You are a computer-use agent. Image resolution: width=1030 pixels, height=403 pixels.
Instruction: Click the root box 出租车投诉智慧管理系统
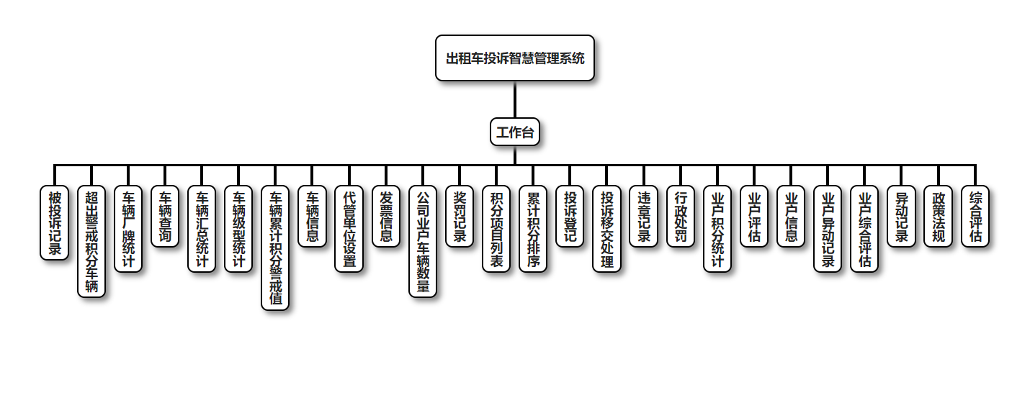click(515, 58)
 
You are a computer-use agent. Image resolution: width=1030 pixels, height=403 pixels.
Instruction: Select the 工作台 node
click(515, 132)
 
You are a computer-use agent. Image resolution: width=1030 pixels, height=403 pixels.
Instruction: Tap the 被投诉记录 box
click(55, 223)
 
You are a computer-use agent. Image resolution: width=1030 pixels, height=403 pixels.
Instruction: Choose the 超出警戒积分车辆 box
click(91, 242)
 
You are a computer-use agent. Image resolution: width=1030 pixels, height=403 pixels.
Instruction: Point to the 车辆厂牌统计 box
click(128, 229)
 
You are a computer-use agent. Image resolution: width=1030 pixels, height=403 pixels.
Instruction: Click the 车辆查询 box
click(165, 217)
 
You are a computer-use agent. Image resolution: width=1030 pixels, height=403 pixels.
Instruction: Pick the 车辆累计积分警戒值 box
click(275, 248)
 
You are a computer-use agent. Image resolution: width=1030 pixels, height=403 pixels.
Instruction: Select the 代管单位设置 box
click(349, 229)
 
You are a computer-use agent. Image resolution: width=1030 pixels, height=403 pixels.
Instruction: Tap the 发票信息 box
click(386, 217)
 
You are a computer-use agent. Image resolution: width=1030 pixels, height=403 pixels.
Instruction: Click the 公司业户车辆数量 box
click(423, 242)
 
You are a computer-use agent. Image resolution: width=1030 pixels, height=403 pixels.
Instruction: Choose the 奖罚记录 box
click(460, 217)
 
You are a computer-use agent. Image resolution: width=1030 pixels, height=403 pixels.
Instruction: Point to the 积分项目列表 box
click(496, 229)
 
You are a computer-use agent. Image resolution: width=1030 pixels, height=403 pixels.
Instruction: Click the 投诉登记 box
click(570, 217)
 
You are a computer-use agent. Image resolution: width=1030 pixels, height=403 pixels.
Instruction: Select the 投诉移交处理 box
click(606, 229)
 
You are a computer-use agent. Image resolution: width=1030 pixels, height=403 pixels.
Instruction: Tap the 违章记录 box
click(643, 217)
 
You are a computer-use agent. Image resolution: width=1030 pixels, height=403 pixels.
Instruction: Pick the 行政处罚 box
click(680, 217)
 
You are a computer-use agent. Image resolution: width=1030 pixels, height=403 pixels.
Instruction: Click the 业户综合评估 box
click(864, 229)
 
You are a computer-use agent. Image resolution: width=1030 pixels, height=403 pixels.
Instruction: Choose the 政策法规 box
click(938, 217)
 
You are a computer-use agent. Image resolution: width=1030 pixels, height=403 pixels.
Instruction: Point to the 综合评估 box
click(975, 217)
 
